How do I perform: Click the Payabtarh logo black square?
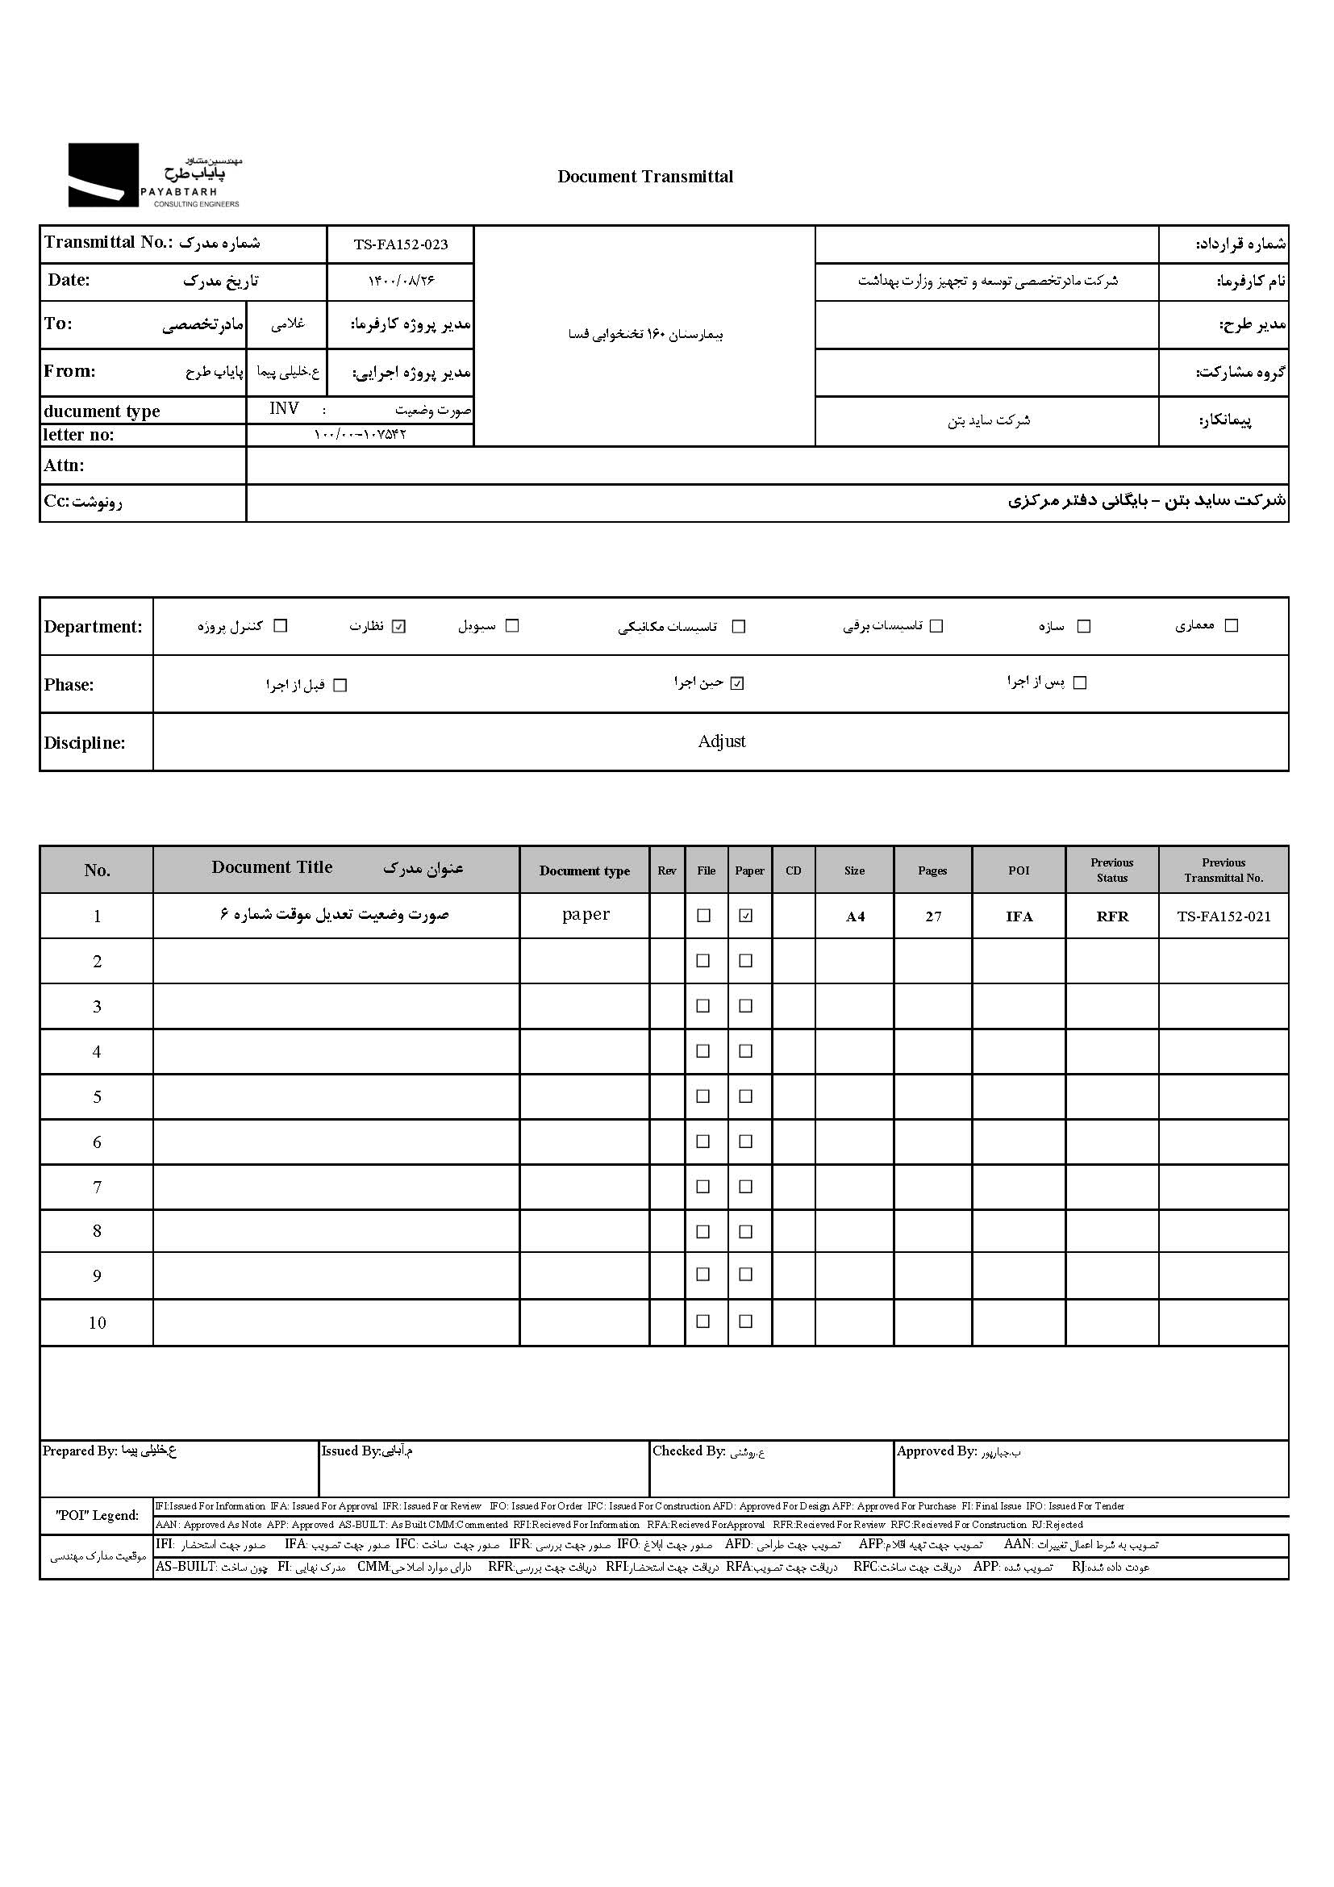(x=102, y=175)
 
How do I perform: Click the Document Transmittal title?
(x=645, y=177)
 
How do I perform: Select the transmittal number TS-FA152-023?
(x=401, y=244)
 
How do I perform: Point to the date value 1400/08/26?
(x=401, y=281)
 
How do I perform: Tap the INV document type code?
(x=284, y=409)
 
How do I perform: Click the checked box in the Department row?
(x=399, y=626)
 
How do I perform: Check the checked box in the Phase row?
(x=737, y=683)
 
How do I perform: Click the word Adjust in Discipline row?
(x=721, y=741)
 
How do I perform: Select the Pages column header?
(x=932, y=870)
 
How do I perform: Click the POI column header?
(x=1019, y=870)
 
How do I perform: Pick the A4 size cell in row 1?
(x=855, y=916)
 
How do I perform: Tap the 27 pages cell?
(x=933, y=916)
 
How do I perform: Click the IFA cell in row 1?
(x=1019, y=916)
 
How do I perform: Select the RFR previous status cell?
(x=1112, y=916)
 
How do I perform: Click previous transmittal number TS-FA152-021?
(x=1224, y=916)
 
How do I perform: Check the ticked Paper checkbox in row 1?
(x=746, y=916)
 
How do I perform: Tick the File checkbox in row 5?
(x=703, y=1096)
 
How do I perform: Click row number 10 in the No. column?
(x=97, y=1322)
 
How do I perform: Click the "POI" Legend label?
(x=97, y=1516)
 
